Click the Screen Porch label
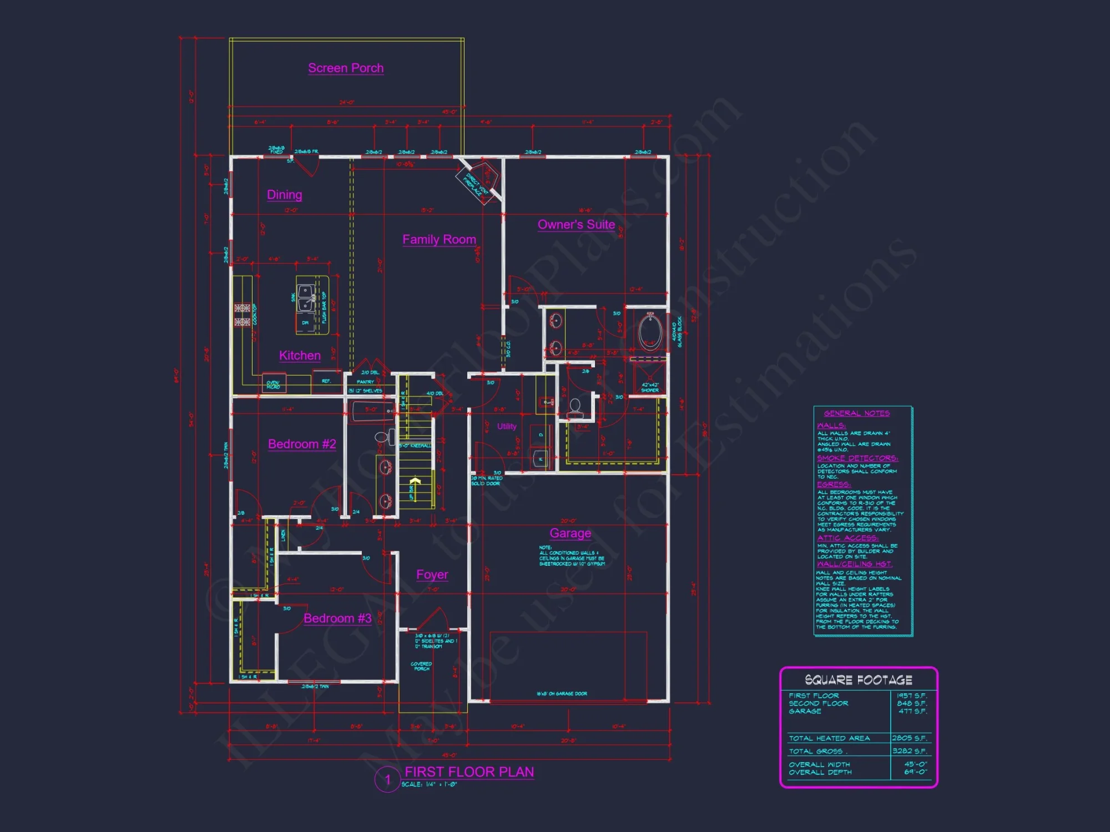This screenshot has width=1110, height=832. point(346,68)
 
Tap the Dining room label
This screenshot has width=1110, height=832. point(285,195)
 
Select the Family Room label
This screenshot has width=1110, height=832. point(439,240)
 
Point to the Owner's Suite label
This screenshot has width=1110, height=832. point(576,225)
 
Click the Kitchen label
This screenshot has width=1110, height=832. point(300,356)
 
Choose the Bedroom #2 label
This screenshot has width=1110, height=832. point(302,444)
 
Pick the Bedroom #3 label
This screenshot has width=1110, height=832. point(337,618)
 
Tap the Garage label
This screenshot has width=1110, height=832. point(570,533)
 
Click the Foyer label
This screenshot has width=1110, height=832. point(432,575)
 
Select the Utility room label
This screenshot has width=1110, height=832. point(507,427)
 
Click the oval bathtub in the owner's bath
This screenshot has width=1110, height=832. point(649,332)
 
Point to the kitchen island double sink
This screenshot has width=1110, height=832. point(305,298)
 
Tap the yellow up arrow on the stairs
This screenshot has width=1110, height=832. point(415,481)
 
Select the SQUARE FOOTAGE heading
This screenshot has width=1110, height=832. point(859,680)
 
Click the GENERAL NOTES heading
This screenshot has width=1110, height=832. point(856,413)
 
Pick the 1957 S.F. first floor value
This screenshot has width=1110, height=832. point(912,696)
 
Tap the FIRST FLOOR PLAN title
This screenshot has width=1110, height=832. point(470,772)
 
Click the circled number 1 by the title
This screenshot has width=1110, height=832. point(387,779)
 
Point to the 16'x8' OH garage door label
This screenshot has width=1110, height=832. point(562,694)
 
